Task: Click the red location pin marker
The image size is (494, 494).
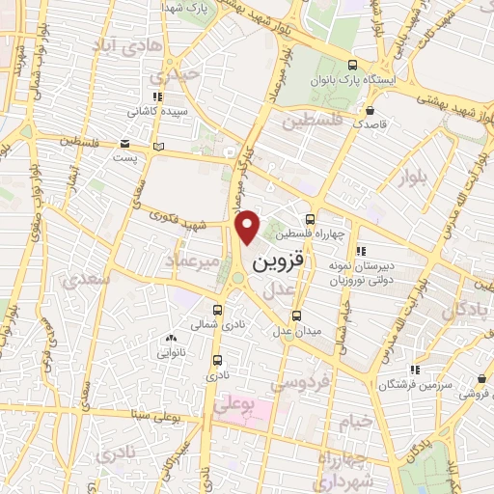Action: coord(249,228)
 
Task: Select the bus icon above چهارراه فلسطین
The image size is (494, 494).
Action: coord(309,219)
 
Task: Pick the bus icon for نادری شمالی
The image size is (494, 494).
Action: coord(218,310)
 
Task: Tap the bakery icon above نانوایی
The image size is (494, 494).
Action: coord(171,339)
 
